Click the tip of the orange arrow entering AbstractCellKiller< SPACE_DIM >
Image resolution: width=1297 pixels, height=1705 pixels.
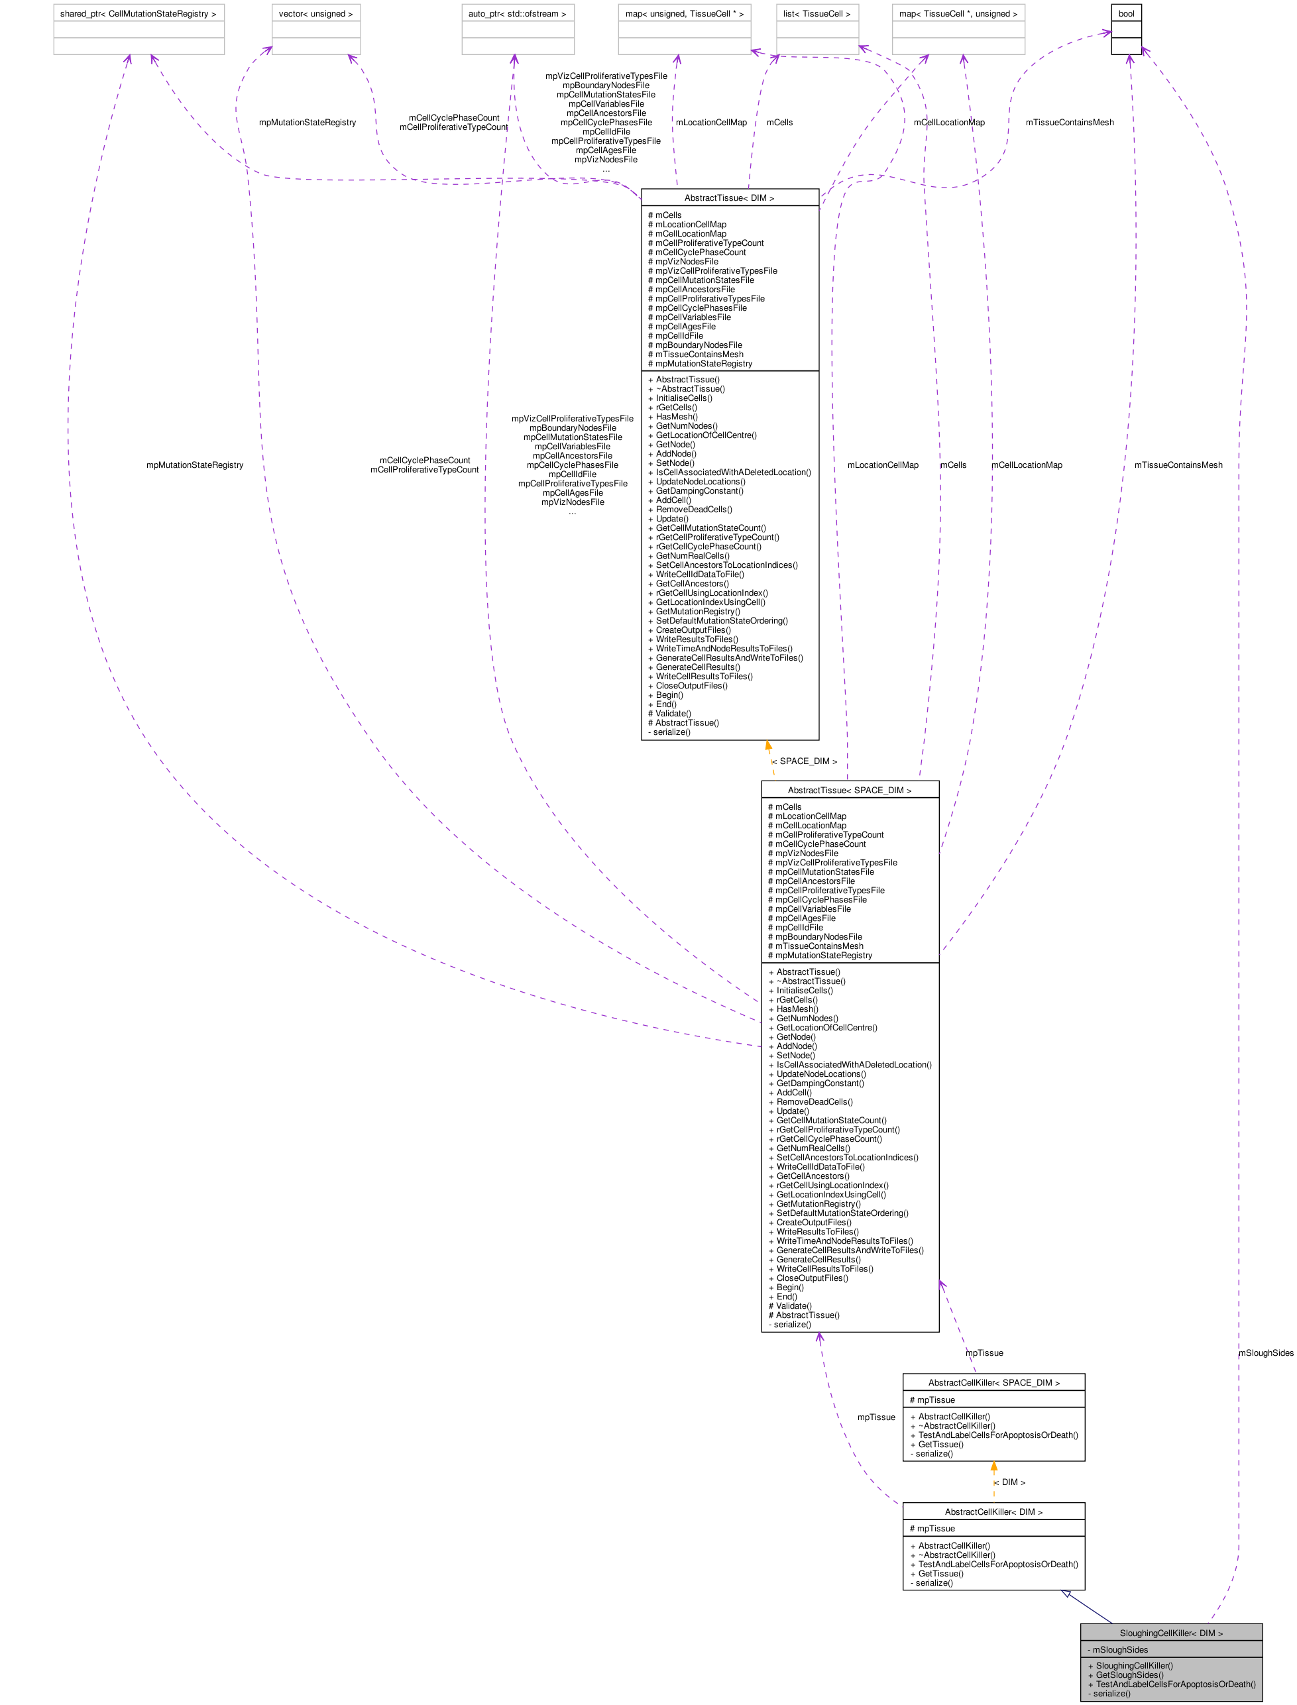point(993,1462)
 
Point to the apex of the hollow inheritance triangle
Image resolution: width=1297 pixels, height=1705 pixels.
point(1062,1591)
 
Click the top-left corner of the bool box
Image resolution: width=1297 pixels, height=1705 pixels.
point(1111,5)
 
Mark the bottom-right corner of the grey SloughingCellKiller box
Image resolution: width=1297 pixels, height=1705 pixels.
point(1263,1700)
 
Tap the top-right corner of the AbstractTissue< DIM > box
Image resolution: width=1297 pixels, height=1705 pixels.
point(819,189)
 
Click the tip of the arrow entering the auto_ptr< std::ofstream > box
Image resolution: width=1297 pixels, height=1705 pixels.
point(514,55)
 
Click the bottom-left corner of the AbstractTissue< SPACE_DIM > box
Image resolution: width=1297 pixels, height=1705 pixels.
point(761,1332)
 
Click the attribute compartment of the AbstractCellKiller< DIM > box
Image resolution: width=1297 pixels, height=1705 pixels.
point(993,1528)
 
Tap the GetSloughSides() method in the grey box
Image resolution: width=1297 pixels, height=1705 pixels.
point(1129,1675)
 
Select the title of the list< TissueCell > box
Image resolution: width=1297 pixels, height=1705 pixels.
point(817,14)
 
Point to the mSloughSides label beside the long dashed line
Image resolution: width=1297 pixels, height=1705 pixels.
point(1266,1353)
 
